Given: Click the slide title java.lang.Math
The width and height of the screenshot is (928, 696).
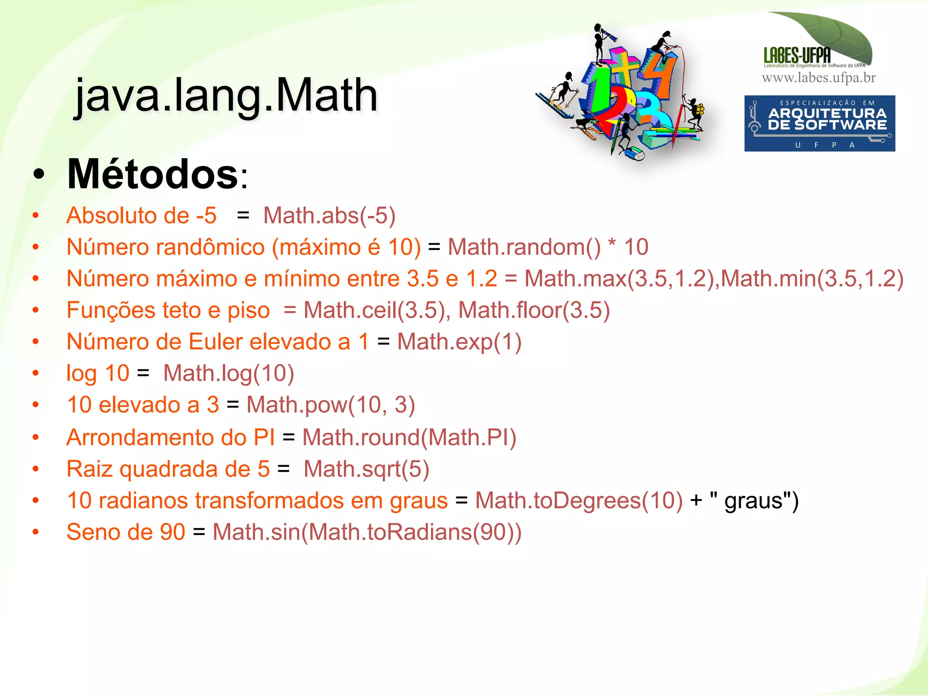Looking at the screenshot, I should pyautogui.click(x=226, y=95).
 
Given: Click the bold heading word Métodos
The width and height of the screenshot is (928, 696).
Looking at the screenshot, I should pyautogui.click(x=153, y=174).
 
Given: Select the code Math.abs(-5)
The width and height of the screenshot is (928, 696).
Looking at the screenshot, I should pyautogui.click(x=329, y=215).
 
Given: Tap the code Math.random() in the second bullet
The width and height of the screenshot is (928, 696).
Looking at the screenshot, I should pyautogui.click(x=524, y=247).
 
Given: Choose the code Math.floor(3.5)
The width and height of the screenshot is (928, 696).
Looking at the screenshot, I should pyautogui.click(x=534, y=310).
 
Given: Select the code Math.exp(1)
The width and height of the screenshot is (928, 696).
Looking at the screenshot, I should pyautogui.click(x=459, y=342).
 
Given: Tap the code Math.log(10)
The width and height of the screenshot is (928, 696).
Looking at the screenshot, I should pyautogui.click(x=228, y=374).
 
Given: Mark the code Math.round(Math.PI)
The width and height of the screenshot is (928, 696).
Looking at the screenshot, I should pyautogui.click(x=409, y=437).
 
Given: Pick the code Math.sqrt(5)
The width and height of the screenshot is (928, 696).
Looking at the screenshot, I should pyautogui.click(x=366, y=469).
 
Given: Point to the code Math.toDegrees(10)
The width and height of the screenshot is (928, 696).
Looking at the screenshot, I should pyautogui.click(x=579, y=501).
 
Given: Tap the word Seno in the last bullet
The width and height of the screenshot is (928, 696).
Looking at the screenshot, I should pyautogui.click(x=95, y=532).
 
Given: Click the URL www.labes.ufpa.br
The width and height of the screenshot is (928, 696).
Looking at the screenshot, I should pyautogui.click(x=818, y=78).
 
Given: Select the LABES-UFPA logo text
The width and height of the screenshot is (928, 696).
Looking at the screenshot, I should pyautogui.click(x=797, y=55).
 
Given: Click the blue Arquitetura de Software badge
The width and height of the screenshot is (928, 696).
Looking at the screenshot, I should pyautogui.click(x=819, y=123).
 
